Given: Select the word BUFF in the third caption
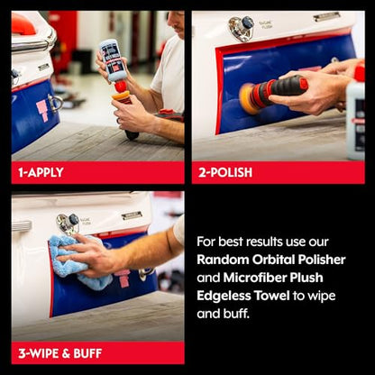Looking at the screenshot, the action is pos(87,353).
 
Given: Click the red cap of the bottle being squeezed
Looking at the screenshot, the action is pos(121,87).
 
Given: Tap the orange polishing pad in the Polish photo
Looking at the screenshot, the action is pos(249,98).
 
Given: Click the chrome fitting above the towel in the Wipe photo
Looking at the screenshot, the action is pos(68,224).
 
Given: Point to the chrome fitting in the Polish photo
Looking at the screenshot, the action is pos(241,28).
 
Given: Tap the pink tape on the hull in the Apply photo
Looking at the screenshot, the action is pos(42,110).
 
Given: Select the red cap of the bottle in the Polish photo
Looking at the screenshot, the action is pos(360,71).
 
